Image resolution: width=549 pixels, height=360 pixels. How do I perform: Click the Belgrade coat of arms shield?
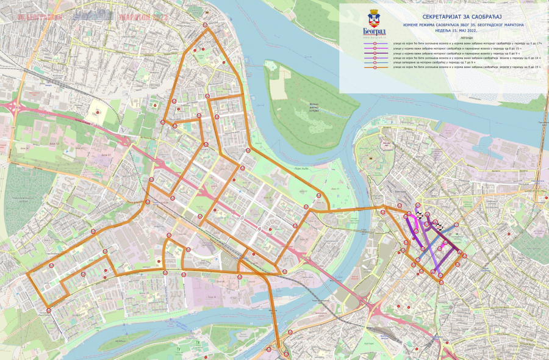(374, 18)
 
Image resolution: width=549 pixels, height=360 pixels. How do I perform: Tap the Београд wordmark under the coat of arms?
(375, 31)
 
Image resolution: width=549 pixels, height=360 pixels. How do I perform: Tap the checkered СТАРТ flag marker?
(439, 227)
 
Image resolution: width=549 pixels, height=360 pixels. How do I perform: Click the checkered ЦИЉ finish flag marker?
(419, 215)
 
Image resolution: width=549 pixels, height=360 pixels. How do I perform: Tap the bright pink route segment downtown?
(417, 223)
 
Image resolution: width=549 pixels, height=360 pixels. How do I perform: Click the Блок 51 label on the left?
(106, 155)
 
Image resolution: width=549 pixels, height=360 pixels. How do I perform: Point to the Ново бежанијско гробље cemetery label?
(23, 200)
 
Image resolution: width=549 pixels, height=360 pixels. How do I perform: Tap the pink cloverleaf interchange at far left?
(14, 106)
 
